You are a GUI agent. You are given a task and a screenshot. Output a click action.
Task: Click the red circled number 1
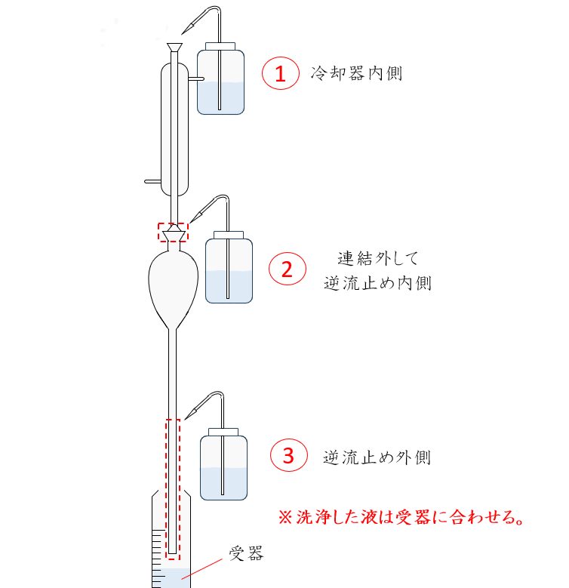tap(280, 74)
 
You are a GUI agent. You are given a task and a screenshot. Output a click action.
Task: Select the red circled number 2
tap(287, 269)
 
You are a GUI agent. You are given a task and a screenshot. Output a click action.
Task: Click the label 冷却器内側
tap(356, 73)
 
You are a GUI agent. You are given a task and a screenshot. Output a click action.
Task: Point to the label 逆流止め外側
tap(377, 457)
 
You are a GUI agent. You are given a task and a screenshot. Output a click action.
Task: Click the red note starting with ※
tap(401, 518)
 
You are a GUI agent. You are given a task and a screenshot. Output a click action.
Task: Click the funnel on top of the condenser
tap(175, 51)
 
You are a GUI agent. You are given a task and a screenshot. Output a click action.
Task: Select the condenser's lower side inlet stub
tap(152, 181)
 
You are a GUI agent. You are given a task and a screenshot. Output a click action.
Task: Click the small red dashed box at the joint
tap(172, 232)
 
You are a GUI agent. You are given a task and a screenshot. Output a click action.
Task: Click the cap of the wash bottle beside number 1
tap(220, 47)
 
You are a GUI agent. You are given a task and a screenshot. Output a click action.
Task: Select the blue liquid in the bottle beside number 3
tap(223, 483)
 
